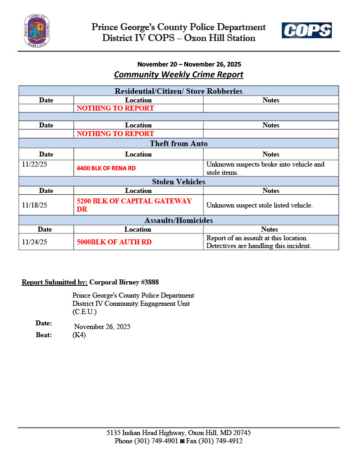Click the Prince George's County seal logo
(37, 31)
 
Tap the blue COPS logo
(306, 30)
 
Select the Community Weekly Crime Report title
(178, 75)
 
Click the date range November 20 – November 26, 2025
(189, 64)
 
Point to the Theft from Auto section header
(178, 144)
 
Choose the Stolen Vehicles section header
(178, 182)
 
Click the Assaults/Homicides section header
(178, 220)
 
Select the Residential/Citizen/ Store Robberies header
(178, 91)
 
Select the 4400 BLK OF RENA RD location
(106, 168)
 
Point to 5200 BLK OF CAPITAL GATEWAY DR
(134, 205)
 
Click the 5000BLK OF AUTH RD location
(114, 242)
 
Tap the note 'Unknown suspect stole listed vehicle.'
(259, 205)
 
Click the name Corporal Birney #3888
(124, 282)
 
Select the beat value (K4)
(79, 335)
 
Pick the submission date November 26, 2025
(102, 327)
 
